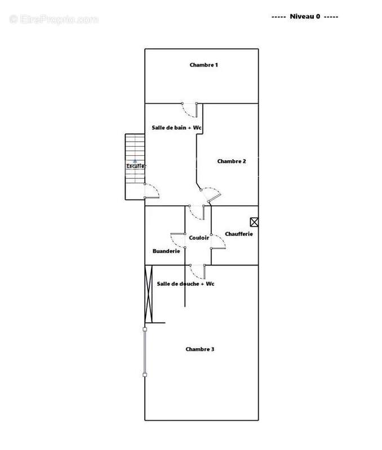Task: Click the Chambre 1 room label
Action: (203, 65)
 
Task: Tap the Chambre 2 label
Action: (232, 161)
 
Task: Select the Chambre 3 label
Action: (200, 349)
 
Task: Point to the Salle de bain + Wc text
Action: (176, 128)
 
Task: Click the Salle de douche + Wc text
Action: (185, 284)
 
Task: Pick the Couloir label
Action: (199, 237)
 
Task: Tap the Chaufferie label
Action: (239, 234)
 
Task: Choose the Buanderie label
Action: (166, 251)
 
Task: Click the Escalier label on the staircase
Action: (136, 166)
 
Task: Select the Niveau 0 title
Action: (305, 16)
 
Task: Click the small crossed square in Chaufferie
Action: (254, 222)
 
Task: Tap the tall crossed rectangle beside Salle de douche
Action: (148, 294)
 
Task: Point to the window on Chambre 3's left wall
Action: (145, 352)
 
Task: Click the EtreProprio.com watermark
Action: (54, 20)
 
